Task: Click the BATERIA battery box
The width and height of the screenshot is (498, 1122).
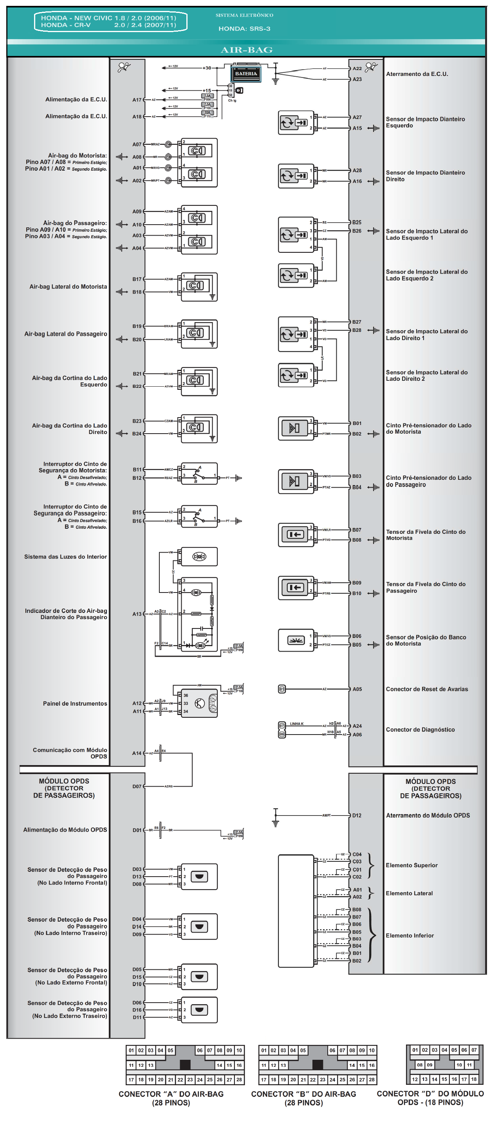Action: click(246, 74)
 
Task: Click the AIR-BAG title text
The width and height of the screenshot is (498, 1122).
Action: click(247, 50)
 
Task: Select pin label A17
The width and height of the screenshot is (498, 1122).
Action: click(137, 100)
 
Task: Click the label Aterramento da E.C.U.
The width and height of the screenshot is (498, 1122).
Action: click(417, 74)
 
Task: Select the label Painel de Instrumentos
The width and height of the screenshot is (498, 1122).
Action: click(75, 703)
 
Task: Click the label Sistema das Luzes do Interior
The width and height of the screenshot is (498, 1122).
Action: click(65, 556)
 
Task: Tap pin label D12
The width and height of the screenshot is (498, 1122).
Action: click(356, 815)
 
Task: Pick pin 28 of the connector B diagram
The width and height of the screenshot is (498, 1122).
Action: click(371, 1080)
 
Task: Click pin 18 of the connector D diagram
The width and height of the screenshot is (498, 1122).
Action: click(474, 1079)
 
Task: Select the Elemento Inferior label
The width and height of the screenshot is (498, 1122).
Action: click(410, 935)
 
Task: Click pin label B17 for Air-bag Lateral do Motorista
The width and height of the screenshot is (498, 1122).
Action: click(137, 279)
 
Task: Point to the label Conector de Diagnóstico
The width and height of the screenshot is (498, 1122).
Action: click(420, 729)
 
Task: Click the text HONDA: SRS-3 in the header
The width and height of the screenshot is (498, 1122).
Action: click(244, 29)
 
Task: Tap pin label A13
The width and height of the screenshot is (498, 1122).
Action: click(137, 614)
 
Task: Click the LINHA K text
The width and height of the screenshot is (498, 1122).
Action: click(297, 724)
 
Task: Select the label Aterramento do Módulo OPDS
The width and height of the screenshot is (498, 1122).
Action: click(428, 815)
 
